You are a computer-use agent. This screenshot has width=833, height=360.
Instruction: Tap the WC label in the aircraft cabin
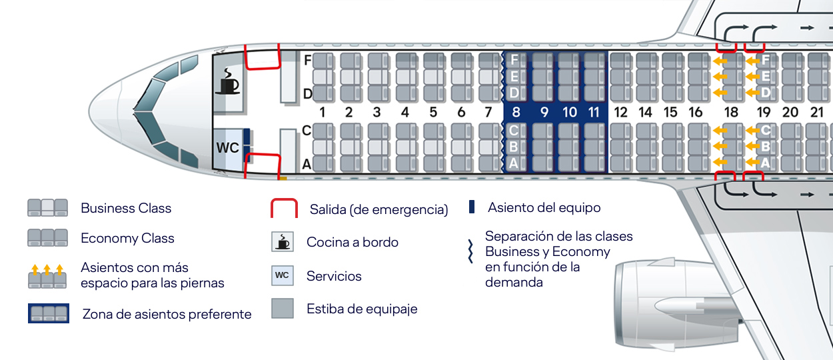[227, 148]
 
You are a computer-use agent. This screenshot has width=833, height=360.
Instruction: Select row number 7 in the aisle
[488, 113]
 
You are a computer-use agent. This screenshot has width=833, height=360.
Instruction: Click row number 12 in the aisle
[620, 113]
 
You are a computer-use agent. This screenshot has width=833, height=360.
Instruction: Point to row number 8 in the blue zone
[515, 113]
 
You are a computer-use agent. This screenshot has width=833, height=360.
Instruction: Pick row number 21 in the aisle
[816, 113]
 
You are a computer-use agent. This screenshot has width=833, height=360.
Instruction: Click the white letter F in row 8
[514, 60]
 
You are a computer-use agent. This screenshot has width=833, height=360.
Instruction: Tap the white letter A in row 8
[514, 163]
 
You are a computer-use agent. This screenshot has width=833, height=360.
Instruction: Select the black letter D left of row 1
[308, 95]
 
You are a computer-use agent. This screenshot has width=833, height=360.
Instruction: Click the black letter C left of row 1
[307, 131]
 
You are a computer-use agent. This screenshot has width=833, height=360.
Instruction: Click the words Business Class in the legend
[126, 208]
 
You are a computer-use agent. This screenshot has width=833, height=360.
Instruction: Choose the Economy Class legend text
[127, 238]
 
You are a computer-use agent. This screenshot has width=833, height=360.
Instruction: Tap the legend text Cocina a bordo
[353, 242]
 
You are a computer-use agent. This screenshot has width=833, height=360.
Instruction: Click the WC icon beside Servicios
[283, 275]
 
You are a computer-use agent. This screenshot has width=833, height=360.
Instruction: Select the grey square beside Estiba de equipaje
[283, 308]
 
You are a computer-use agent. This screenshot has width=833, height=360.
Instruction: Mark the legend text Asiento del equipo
[544, 207]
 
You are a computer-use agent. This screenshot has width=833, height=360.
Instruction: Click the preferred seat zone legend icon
[48, 313]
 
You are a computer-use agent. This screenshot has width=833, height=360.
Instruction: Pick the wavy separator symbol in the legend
[470, 251]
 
